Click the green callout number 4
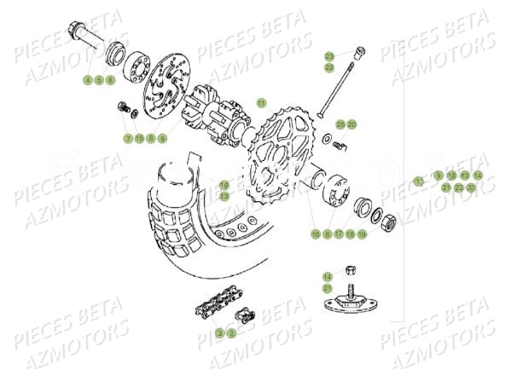coord(87,80)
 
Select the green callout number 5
coord(98,80)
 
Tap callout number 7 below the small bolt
coord(128,138)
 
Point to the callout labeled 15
coord(139,138)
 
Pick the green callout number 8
coord(150,138)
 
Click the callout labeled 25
coord(340,124)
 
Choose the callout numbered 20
coord(351,124)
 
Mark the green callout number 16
coord(316,233)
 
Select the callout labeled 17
coord(339,233)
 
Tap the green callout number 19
coord(362,233)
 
